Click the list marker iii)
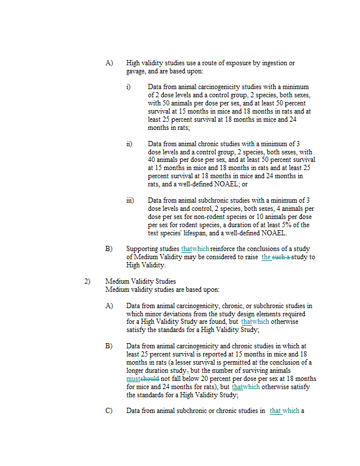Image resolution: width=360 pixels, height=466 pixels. click(x=130, y=200)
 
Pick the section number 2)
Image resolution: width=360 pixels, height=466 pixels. click(x=87, y=282)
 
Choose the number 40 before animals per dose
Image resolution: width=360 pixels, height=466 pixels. click(x=152, y=160)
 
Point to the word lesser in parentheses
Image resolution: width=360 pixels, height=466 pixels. click(x=189, y=362)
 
